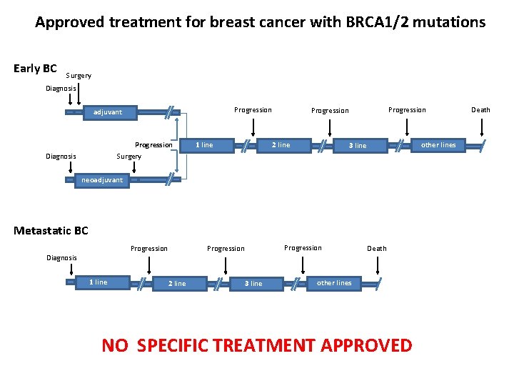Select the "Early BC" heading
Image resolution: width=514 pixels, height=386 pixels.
coord(35,69)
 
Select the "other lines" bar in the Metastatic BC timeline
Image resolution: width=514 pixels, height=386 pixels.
coord(336,283)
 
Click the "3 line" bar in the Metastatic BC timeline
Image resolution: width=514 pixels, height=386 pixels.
coord(253,284)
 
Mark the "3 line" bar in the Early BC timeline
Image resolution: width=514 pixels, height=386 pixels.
coord(357,146)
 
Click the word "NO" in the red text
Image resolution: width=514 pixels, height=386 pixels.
coord(115,346)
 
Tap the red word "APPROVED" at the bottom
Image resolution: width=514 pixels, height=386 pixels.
coord(366,346)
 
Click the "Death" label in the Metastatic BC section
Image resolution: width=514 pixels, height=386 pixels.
coord(376,249)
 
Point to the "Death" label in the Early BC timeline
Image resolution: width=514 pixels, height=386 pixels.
coord(480,110)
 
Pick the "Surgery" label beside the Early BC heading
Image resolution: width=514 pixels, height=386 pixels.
coord(79,76)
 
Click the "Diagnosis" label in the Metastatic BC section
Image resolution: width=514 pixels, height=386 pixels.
coord(61,257)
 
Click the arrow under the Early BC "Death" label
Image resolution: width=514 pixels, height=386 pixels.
coord(483,127)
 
